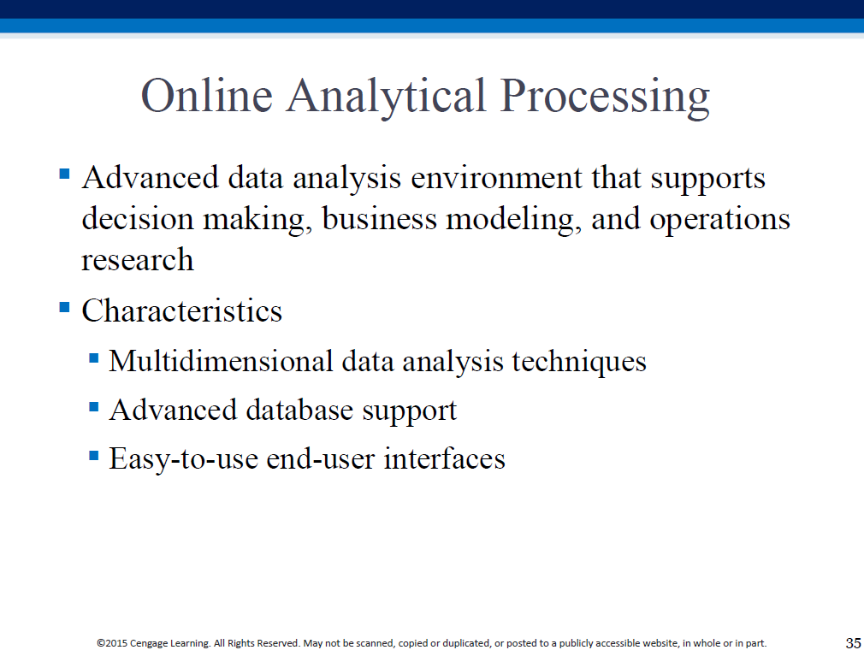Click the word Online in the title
tap(207, 95)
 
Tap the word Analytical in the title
tap(386, 97)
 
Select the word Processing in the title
tap(605, 97)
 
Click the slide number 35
tap(853, 643)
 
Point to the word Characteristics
tap(182, 310)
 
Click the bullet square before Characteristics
tap(64, 307)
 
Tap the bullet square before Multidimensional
tap(94, 359)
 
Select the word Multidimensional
tap(221, 362)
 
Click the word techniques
tap(579, 362)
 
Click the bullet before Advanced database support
tap(94, 407)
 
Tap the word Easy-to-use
tap(183, 459)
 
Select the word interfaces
tap(444, 458)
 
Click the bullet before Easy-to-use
tap(94, 456)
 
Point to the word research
tap(138, 260)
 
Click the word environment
tap(496, 179)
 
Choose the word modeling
tap(513, 220)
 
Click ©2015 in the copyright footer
tap(112, 643)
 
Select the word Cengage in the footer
tap(148, 643)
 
